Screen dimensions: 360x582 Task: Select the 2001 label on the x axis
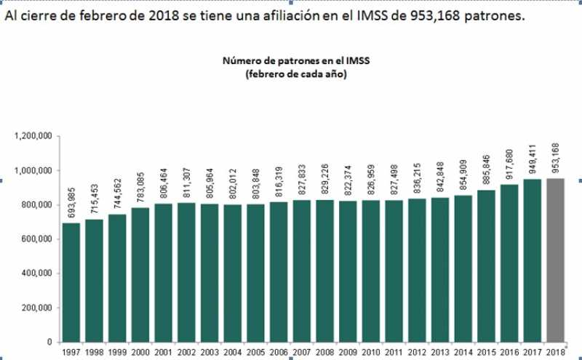[164, 353]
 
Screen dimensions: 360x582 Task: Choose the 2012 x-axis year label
[417, 353]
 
